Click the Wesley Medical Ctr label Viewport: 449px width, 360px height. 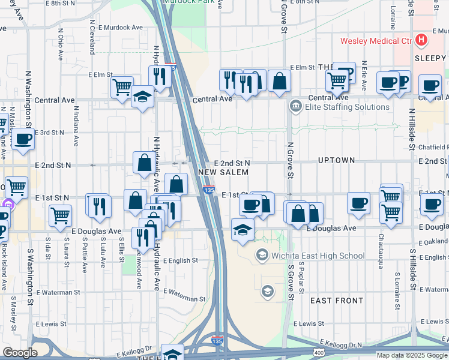click(x=376, y=41)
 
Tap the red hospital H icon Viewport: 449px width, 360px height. click(x=422, y=41)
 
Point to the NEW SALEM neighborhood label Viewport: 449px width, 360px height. click(x=223, y=172)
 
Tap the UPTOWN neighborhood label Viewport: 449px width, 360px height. click(x=337, y=161)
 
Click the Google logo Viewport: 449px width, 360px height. click(x=20, y=353)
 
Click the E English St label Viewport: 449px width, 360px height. click(x=176, y=261)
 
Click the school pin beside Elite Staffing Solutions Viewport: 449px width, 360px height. click(x=295, y=107)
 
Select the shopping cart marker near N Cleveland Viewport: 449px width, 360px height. click(x=122, y=87)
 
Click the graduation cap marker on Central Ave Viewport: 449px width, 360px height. click(x=142, y=97)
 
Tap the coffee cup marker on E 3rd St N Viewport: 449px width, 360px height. click(x=23, y=139)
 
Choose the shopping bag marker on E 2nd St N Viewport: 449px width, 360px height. click(x=144, y=162)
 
